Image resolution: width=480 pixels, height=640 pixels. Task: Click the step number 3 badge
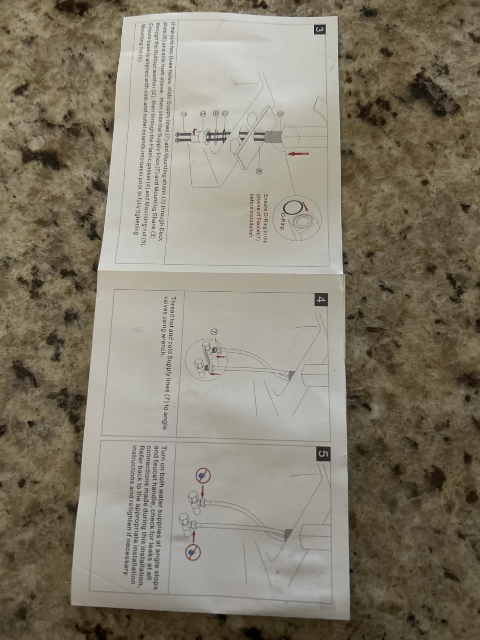[x=320, y=30]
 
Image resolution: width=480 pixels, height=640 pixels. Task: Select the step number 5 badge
[x=324, y=453]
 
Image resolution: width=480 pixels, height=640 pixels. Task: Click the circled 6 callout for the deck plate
[x=257, y=171]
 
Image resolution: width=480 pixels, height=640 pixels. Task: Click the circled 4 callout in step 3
[x=216, y=114]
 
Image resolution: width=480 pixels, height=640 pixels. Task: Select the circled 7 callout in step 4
[x=215, y=332]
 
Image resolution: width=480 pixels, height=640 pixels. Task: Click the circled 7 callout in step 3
[x=183, y=114]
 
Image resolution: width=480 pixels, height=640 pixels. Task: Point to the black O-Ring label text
[x=282, y=221]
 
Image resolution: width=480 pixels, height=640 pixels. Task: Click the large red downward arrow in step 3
[x=298, y=153]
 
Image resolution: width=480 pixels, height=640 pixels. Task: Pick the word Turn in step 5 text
[x=164, y=451]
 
